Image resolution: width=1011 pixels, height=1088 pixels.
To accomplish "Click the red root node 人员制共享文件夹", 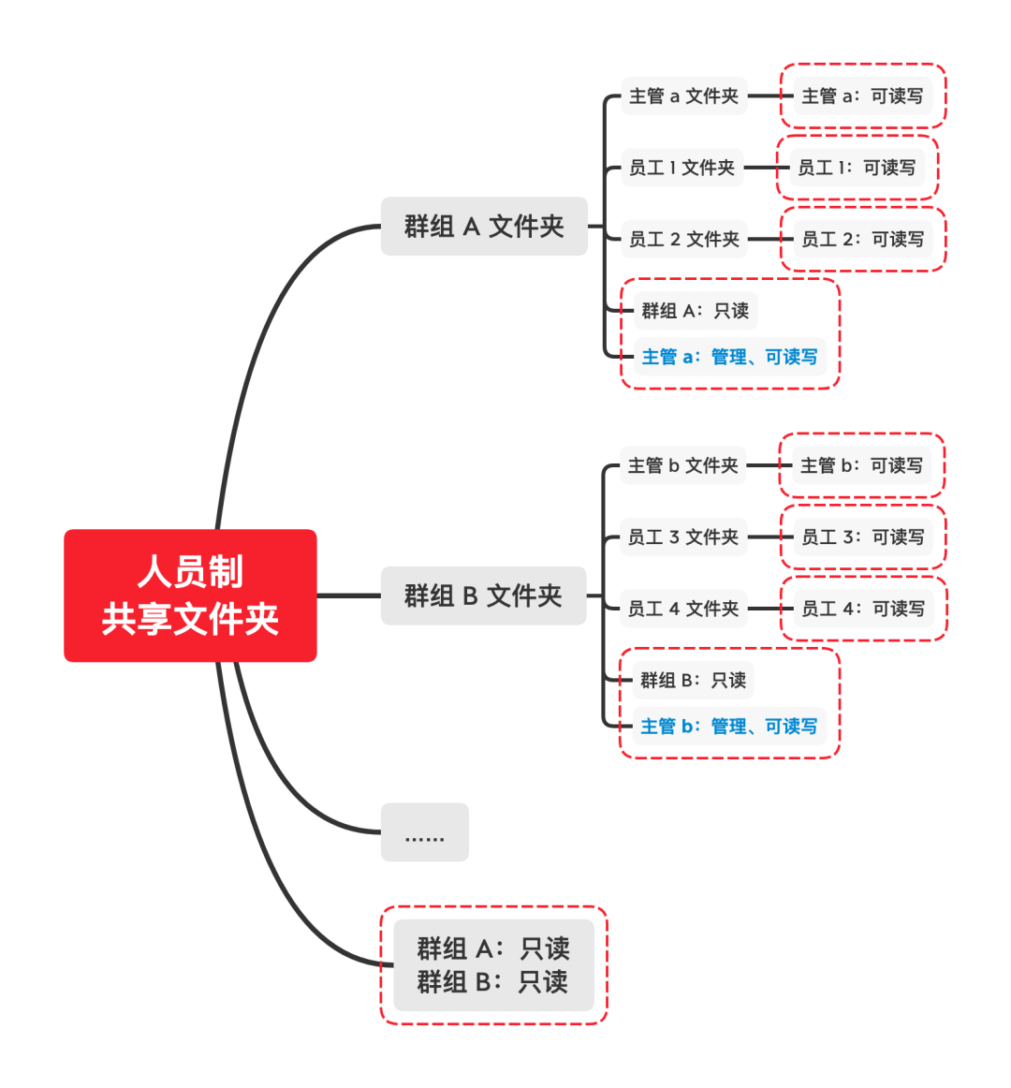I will [x=190, y=595].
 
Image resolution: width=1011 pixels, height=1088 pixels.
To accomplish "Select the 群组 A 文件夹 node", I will [x=484, y=227].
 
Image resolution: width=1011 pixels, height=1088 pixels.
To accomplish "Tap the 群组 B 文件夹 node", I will [x=483, y=595].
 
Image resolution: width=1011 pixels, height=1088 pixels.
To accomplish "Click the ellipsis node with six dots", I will [x=424, y=832].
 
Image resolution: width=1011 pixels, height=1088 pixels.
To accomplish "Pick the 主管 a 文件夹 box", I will [x=683, y=96].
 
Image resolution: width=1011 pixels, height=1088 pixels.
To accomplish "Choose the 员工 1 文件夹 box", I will [x=681, y=168].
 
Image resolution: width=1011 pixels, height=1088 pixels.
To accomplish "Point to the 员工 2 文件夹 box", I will [x=683, y=239].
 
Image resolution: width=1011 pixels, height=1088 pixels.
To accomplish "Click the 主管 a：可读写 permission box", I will [x=862, y=96].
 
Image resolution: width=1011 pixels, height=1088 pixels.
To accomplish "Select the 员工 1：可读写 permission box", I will [x=857, y=168].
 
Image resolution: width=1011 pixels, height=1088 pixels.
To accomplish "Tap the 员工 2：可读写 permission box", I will [x=862, y=239].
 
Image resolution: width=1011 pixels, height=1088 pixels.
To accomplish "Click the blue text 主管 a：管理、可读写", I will [x=730, y=357].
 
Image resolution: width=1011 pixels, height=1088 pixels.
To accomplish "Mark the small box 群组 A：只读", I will [x=695, y=311].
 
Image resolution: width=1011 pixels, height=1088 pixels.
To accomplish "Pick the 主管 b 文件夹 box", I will [x=682, y=465].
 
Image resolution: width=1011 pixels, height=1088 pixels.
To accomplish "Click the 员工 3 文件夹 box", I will [x=683, y=537].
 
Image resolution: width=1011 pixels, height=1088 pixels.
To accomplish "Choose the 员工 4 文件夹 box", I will [x=683, y=609].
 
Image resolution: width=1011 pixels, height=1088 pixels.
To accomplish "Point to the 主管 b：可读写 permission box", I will [x=861, y=465].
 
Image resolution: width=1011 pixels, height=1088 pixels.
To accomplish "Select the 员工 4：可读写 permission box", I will [x=863, y=609].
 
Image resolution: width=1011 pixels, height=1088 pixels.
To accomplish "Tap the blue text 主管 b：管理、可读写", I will [x=729, y=727].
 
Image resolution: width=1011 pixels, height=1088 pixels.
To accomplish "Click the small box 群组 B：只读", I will [x=693, y=680].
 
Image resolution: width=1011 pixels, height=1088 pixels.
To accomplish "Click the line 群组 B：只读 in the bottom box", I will [x=492, y=982].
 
